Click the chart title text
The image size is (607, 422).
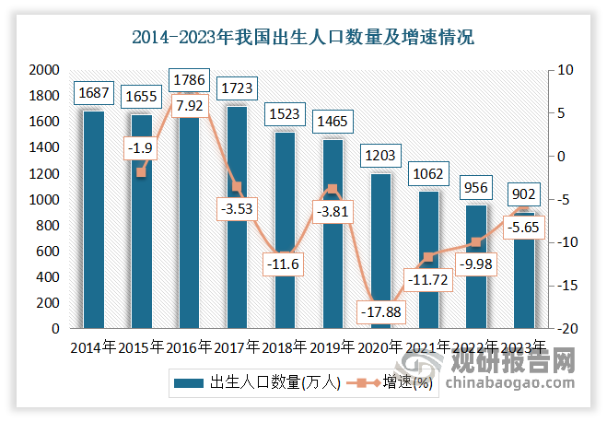pos(303,39)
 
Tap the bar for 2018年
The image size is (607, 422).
pos(285,230)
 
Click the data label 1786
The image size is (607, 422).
pos(189,78)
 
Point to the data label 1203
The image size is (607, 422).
pos(379,158)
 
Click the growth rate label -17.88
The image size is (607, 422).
pos(379,313)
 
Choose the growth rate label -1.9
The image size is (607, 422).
pos(141,148)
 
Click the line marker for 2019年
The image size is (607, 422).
pos(333,189)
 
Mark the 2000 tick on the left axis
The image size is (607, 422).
pos(43,70)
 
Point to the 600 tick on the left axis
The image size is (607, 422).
pos(47,252)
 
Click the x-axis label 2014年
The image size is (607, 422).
pos(93,347)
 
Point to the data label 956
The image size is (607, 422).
pos(475,188)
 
